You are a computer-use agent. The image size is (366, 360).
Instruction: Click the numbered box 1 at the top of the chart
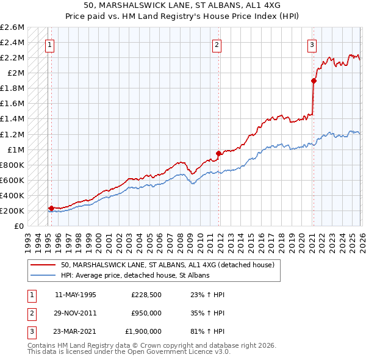tap(49, 44)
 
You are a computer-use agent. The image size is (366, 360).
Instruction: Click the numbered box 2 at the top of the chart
tap(217, 44)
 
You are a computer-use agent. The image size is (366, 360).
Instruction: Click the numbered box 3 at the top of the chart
tap(312, 44)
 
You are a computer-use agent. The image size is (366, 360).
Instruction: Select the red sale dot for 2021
tap(314, 81)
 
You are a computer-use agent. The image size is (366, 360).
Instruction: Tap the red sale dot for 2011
tap(218, 153)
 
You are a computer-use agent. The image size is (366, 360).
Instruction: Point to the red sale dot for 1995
tap(51, 208)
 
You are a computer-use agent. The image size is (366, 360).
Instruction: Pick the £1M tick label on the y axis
tap(15, 149)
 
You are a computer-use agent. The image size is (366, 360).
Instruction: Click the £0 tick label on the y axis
tap(20, 226)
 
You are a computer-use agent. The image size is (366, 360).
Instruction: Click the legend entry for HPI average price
tap(135, 276)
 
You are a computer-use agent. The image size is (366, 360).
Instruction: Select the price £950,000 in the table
tap(146, 313)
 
